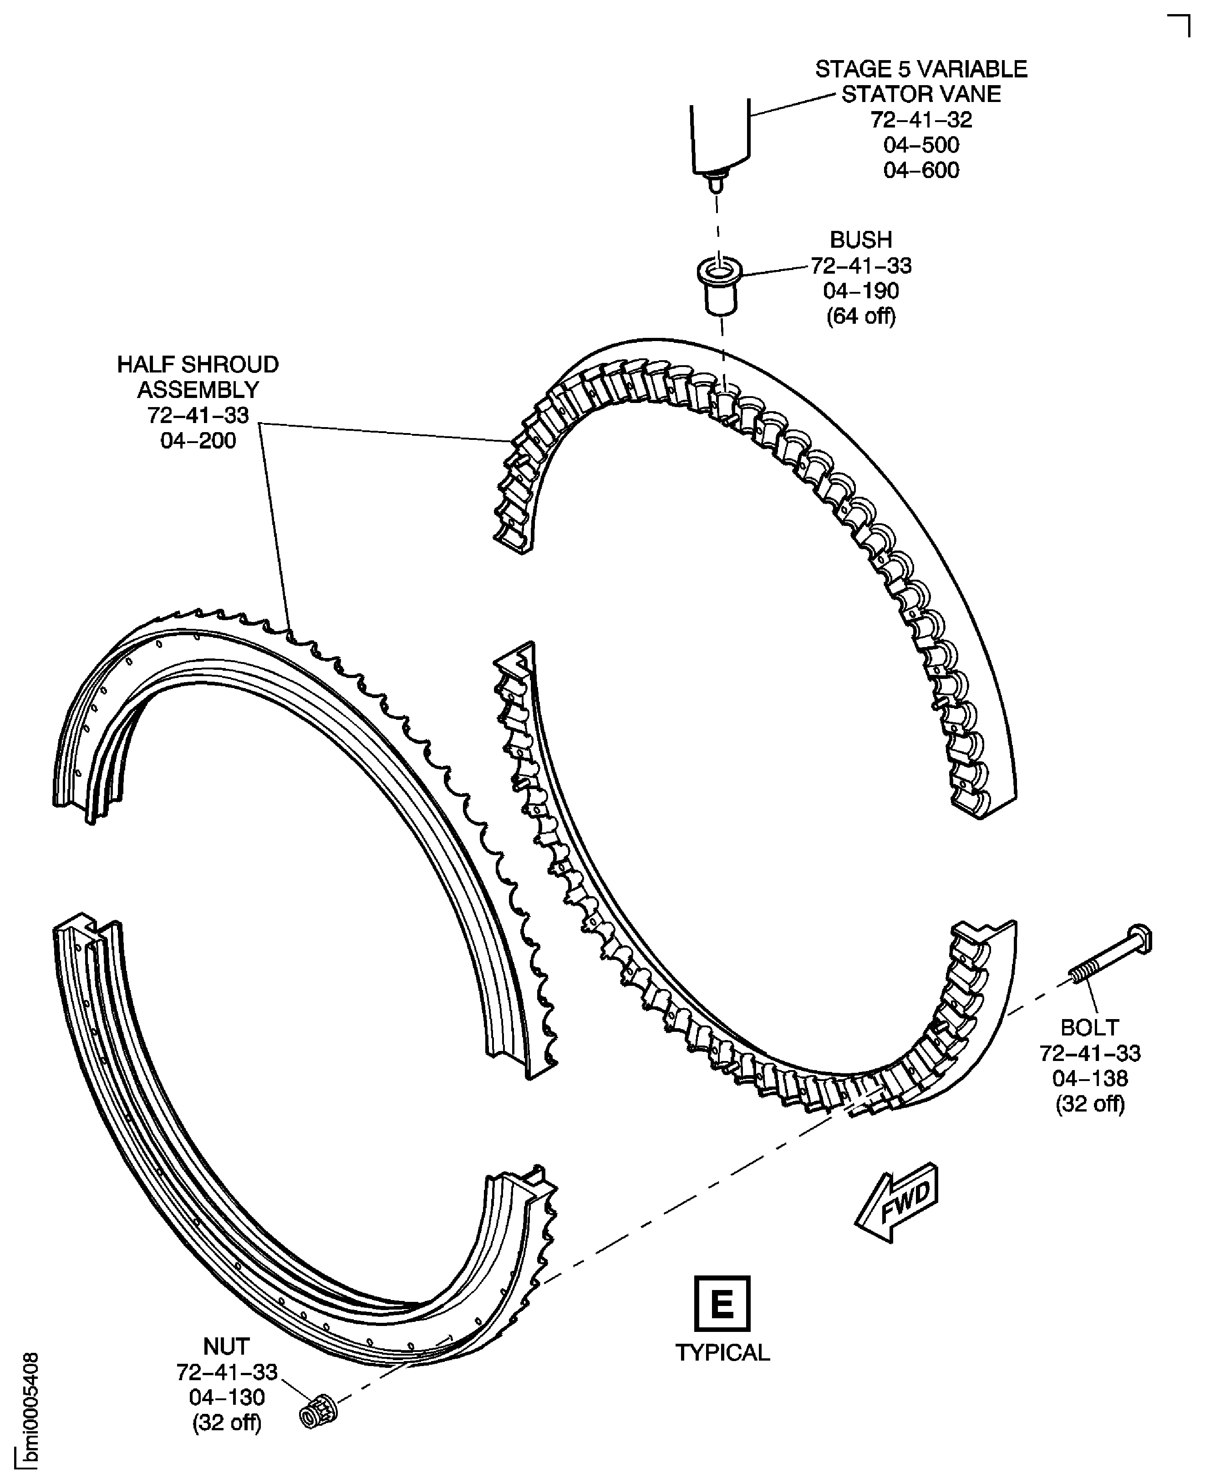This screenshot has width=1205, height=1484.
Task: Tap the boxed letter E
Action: [722, 1303]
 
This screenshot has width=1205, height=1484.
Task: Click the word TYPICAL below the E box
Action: [722, 1353]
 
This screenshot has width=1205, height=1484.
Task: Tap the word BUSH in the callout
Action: [861, 240]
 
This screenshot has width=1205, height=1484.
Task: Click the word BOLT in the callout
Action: [1090, 1027]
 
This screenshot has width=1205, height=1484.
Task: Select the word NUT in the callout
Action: [226, 1346]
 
